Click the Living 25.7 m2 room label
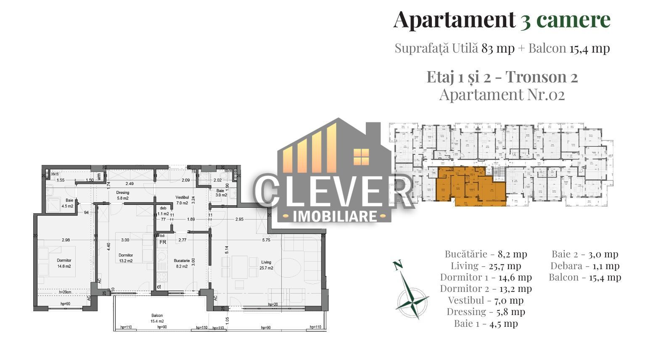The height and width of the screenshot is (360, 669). [266, 265]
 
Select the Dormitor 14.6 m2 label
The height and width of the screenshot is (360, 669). [64, 263]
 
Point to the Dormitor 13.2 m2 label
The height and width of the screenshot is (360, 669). [125, 258]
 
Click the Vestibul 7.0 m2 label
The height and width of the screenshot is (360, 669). [182, 200]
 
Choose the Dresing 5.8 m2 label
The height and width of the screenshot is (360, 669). [122, 195]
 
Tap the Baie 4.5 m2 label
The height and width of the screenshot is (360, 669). [67, 204]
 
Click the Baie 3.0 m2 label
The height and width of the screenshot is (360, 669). [221, 193]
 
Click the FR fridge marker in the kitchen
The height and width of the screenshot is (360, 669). [162, 242]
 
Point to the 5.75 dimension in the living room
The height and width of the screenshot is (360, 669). [266, 240]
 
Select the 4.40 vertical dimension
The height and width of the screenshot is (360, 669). [108, 247]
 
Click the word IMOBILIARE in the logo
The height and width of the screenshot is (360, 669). [335, 216]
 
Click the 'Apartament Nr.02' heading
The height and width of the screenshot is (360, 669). [502, 95]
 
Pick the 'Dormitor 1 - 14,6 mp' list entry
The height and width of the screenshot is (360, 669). [486, 277]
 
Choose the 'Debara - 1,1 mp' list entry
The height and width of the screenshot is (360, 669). [584, 266]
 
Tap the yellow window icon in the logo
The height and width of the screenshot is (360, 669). [361, 156]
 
